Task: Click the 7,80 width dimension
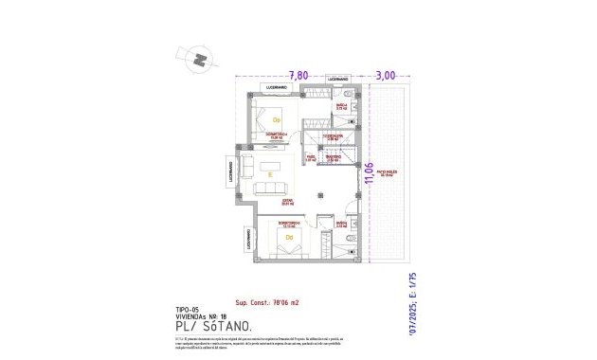[x=298, y=74]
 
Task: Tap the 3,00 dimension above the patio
[x=386, y=74]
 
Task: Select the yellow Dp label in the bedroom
[x=277, y=120]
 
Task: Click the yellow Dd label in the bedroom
[x=277, y=237]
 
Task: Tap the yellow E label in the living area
[x=270, y=175]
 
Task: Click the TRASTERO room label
[x=333, y=158]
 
